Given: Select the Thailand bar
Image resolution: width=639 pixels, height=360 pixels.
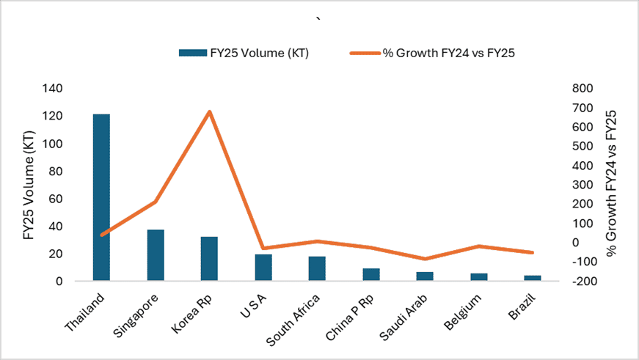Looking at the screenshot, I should [101, 197].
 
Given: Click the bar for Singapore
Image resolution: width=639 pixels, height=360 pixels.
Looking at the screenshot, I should [156, 255].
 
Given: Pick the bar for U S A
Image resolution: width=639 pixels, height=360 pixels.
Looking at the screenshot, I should [263, 268].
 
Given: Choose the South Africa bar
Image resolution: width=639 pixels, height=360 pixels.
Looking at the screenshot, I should [317, 268].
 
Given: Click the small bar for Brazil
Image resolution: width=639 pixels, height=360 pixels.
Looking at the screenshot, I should [533, 279].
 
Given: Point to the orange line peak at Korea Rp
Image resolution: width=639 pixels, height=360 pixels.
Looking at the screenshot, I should [209, 111].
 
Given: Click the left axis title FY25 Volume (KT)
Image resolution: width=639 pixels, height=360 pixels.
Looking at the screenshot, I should [30, 185].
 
